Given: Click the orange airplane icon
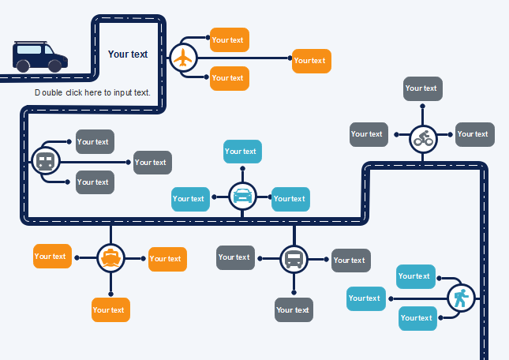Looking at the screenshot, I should (183, 58).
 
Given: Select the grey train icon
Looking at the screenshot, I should (45, 162).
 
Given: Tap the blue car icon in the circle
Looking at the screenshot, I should (242, 195).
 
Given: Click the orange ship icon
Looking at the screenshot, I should (110, 257).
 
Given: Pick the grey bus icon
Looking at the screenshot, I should (294, 259).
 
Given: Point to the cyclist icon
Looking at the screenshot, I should (424, 139).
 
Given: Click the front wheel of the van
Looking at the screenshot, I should (55, 66).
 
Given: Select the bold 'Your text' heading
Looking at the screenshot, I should (128, 54).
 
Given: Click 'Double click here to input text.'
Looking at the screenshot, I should (92, 92).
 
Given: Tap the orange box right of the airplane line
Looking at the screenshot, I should (311, 61).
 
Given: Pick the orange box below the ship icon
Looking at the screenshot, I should (110, 310).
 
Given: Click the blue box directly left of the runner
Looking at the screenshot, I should (365, 298).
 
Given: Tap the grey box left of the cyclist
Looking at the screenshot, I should (369, 134).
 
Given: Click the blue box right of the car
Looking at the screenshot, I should (290, 199).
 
